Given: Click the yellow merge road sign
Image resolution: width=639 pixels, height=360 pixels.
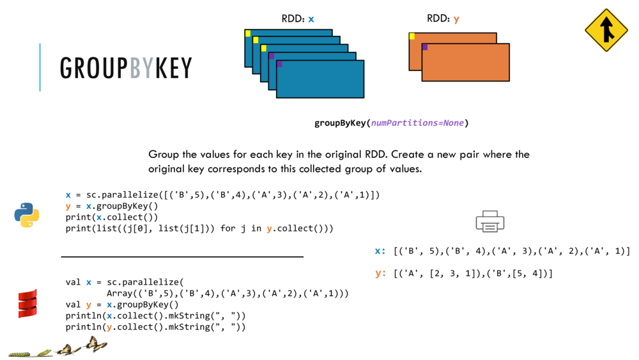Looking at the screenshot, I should [x=606, y=30].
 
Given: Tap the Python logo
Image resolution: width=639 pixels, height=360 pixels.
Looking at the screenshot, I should [x=27, y=215].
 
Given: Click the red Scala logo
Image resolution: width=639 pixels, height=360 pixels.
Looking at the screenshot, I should [x=27, y=304].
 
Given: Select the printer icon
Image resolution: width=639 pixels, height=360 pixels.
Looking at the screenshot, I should [x=490, y=221].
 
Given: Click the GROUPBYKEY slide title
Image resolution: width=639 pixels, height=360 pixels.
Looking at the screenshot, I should [x=126, y=68].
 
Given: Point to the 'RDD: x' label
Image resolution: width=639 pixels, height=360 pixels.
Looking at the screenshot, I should [x=298, y=19].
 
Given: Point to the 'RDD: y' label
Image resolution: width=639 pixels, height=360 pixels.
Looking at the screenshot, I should [x=443, y=19].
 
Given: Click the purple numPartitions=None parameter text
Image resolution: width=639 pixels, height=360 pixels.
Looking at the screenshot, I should [x=418, y=123].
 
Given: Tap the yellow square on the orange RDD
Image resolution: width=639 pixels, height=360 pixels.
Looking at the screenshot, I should [x=412, y=36].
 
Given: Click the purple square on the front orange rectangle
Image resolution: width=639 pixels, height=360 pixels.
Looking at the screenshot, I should [x=425, y=47].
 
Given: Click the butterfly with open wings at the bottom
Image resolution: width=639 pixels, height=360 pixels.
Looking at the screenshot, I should [x=95, y=345].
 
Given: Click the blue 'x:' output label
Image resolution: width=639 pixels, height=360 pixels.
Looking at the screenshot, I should [x=380, y=251].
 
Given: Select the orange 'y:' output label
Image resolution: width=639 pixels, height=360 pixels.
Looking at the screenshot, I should [x=381, y=274].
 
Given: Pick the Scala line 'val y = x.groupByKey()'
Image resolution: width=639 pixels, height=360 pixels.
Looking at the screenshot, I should [x=122, y=305].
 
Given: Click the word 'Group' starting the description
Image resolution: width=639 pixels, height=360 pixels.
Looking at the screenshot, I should [x=163, y=155].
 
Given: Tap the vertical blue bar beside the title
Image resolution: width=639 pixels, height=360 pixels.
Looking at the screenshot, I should [x=40, y=67].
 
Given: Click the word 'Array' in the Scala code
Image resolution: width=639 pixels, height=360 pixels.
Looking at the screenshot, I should [x=119, y=293].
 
